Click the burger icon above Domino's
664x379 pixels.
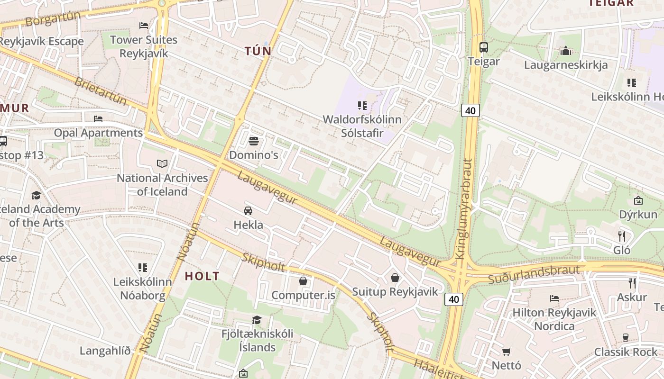click(254, 141)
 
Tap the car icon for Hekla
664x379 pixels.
click(248, 211)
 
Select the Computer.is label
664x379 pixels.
click(303, 295)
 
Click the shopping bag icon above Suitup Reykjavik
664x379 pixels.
click(395, 278)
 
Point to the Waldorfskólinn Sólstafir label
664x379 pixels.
click(362, 126)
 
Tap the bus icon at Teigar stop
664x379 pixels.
click(484, 47)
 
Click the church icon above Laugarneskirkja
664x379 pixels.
click(565, 51)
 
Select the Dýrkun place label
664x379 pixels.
click(638, 215)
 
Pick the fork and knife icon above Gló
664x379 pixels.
click(622, 236)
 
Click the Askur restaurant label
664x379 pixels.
click(632, 297)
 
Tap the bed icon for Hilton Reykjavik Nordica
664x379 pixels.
click(554, 298)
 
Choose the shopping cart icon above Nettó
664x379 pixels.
click(507, 352)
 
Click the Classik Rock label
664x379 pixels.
click(626, 352)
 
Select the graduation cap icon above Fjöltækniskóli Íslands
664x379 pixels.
click(257, 320)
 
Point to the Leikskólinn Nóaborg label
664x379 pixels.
click(142, 289)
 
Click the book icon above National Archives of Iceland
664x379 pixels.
click(162, 163)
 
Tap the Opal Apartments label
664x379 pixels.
click(98, 133)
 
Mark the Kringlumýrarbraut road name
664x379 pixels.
click(464, 208)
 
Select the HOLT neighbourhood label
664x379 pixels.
click(202, 276)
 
